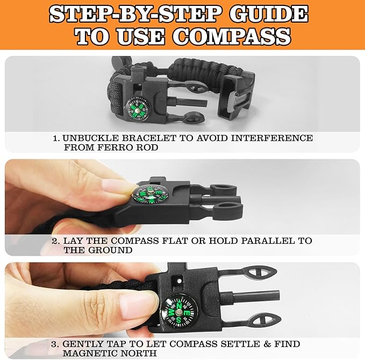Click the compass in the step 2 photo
149,195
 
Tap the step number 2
55,241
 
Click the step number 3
55,343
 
